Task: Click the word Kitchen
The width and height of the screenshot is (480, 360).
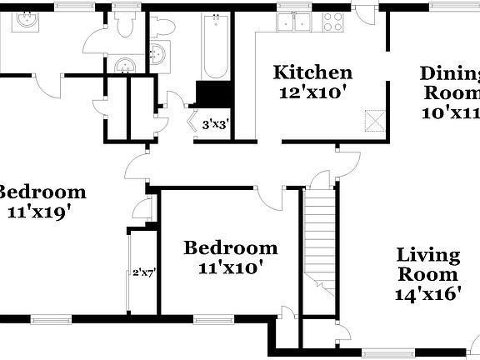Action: tap(312, 72)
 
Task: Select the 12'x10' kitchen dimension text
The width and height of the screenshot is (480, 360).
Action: tap(312, 92)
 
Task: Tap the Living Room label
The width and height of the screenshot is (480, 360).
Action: tap(427, 264)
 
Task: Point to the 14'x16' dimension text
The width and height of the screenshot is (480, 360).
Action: tap(427, 293)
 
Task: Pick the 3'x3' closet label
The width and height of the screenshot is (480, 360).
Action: tap(216, 125)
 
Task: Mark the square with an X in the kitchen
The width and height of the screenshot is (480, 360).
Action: tap(376, 121)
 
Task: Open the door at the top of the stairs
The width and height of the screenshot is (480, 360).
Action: tap(316, 177)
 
